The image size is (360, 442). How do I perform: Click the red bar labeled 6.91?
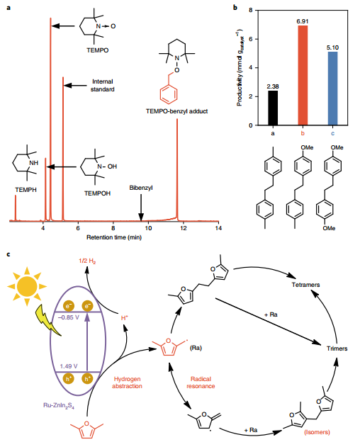coord(303,75)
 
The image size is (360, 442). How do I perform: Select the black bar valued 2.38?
coord(273,108)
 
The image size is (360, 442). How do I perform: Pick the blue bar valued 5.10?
coord(332,89)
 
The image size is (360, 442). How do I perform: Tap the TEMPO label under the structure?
coord(98,50)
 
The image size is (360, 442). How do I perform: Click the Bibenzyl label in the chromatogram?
coord(141,188)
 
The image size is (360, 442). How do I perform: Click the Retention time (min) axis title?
coord(114,237)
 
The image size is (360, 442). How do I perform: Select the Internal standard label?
coord(102,86)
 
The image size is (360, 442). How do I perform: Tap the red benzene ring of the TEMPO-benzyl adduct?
coord(169,94)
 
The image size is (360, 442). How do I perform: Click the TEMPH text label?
coord(26,190)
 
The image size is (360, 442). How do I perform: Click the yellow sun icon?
coord(27,286)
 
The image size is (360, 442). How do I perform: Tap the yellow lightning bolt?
coord(49,320)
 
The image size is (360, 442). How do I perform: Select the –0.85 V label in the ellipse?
coord(69,317)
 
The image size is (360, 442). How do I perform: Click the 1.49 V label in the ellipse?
coord(69,366)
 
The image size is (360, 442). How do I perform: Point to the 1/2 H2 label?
coord(87,261)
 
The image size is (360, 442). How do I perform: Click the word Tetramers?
coord(306,285)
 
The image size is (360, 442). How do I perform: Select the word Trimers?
coord(337,348)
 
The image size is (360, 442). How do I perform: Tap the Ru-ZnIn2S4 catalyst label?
coord(59,406)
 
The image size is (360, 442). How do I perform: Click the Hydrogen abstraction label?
coord(127,382)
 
